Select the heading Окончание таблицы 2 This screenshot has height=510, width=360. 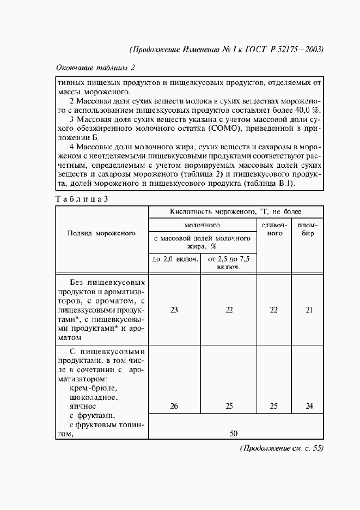[x=95, y=68]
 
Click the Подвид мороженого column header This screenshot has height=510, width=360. [x=101, y=233]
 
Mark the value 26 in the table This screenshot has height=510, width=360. [x=174, y=406]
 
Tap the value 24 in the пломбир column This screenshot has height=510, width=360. [x=308, y=406]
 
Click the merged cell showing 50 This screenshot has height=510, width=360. [x=234, y=434]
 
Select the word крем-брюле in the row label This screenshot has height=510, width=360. [x=94, y=388]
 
